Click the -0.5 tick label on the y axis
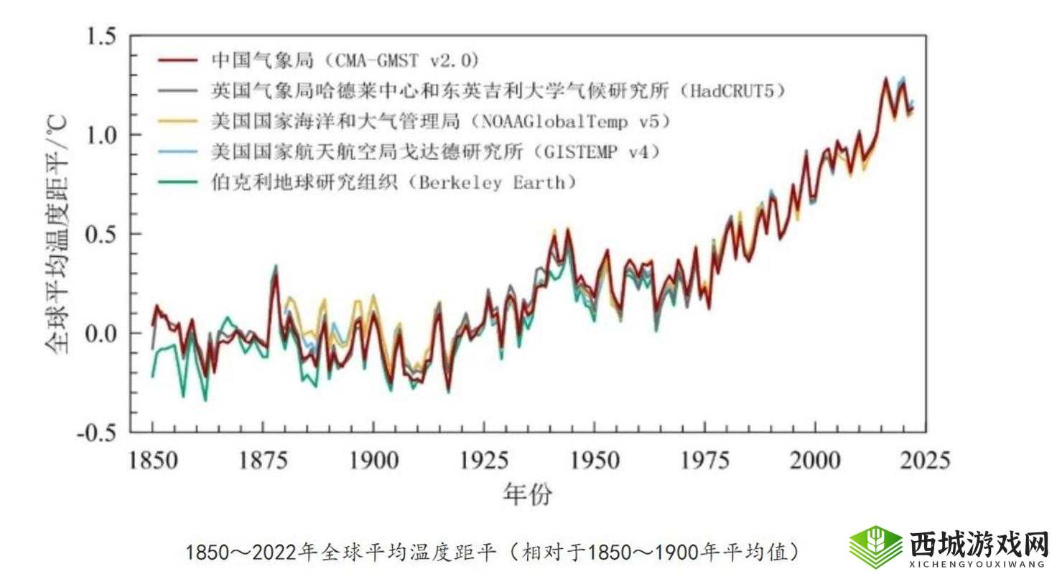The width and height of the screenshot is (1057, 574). point(99,433)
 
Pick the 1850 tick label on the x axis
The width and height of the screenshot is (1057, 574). point(153,459)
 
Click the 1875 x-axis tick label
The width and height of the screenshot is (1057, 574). point(264,459)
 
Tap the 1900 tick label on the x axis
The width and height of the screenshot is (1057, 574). point(373,459)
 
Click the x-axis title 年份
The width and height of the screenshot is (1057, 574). point(528,494)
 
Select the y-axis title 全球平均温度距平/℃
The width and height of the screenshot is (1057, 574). point(57,233)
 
